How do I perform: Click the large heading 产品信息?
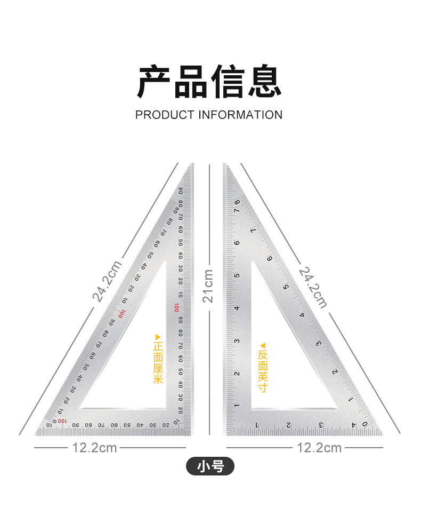(209, 82)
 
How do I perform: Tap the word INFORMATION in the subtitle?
(240, 115)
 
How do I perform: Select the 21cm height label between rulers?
(208, 286)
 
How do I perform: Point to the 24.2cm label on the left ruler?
(107, 281)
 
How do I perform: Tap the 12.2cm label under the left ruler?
(94, 447)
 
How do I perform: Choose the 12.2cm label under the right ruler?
(319, 447)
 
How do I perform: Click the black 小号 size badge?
(210, 467)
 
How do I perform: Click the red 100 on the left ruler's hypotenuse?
(122, 314)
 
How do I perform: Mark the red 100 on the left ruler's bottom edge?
(62, 422)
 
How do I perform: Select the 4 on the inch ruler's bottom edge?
(353, 425)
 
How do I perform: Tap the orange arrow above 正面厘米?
(157, 337)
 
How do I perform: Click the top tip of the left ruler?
(191, 165)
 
